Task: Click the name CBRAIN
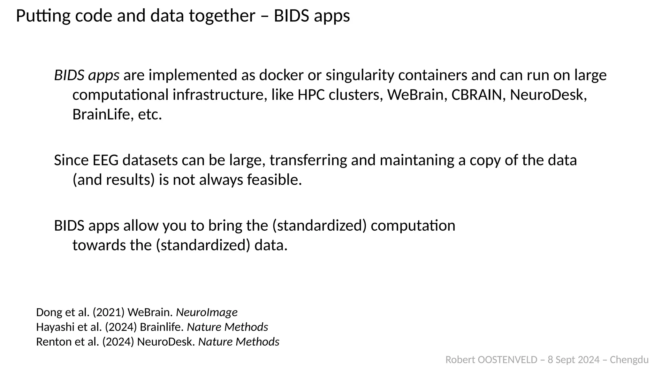tap(476, 95)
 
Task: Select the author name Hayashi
tap(53, 327)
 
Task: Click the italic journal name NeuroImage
tap(207, 312)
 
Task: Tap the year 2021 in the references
tap(109, 312)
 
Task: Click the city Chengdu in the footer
tap(629, 360)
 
